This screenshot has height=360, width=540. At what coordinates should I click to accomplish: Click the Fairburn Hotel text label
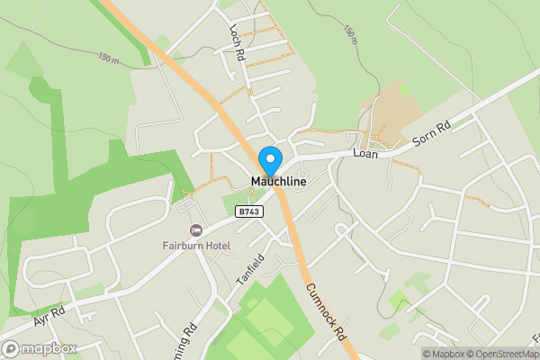point(196,246)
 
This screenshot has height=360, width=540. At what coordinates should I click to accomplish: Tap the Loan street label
point(364,154)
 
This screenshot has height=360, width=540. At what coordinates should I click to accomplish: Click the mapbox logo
point(40,348)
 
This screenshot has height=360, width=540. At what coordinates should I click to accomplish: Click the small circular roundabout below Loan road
point(302,174)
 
